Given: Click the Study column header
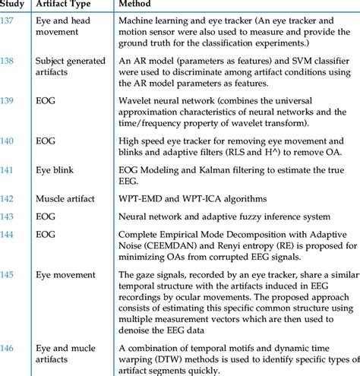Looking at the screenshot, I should click(x=15, y=5).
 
